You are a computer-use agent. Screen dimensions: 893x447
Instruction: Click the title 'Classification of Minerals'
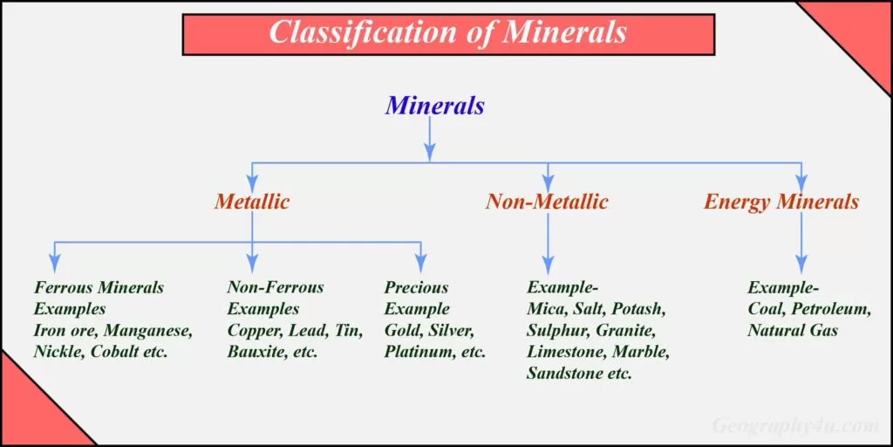point(447,32)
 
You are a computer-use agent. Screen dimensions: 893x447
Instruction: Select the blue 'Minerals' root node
point(434,106)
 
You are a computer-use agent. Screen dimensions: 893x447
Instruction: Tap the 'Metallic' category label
point(252,202)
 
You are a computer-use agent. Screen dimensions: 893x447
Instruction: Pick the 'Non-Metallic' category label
point(547,202)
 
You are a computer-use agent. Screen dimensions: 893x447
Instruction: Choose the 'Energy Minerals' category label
point(781,202)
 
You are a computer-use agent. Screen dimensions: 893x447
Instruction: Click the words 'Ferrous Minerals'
point(99,287)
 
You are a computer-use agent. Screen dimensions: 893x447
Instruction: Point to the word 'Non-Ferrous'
point(276,287)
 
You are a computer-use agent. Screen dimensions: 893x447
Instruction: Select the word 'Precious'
point(416,287)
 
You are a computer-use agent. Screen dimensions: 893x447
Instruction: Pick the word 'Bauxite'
point(256,352)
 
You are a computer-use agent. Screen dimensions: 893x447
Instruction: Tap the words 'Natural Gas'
point(793,331)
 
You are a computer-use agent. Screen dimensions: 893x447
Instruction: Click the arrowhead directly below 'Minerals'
point(430,151)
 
